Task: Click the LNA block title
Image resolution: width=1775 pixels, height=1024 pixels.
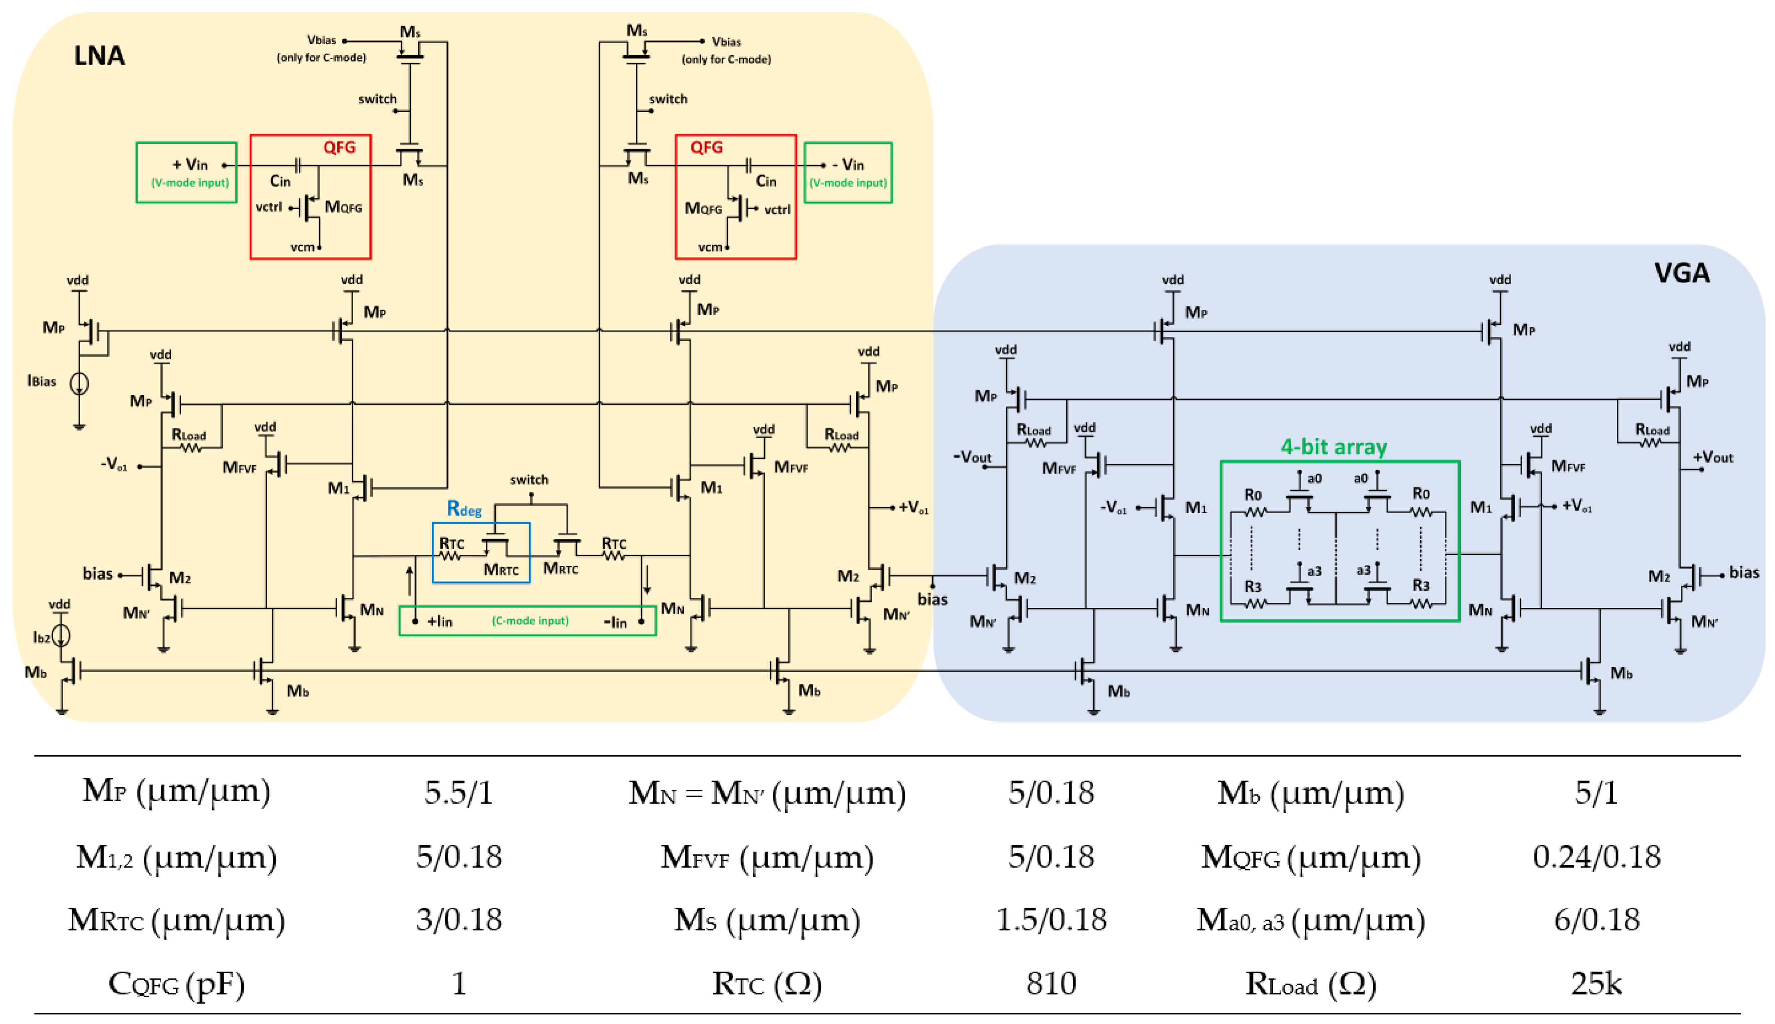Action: (99, 56)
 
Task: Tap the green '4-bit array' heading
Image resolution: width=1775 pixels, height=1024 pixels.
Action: (1333, 446)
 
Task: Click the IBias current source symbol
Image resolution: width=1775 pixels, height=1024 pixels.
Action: (79, 383)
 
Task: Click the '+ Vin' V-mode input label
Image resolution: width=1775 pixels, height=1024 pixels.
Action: (190, 165)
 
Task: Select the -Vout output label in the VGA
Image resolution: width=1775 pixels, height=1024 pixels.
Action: (972, 457)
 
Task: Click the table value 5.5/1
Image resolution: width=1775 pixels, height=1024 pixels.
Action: (458, 793)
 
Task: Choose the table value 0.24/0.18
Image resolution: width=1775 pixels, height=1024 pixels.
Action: (1596, 856)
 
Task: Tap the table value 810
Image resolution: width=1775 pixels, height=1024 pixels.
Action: (1051, 983)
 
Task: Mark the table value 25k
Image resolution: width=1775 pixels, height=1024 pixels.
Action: (1596, 983)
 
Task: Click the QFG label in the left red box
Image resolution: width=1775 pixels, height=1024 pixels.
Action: (339, 147)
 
